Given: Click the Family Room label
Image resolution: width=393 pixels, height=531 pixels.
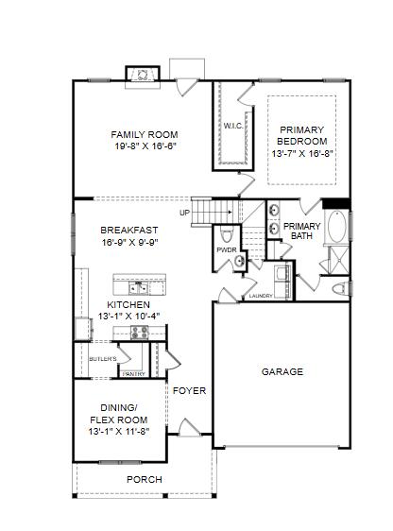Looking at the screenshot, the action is coord(145,135).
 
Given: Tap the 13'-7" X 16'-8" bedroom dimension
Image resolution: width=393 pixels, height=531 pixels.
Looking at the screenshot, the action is coord(302,153).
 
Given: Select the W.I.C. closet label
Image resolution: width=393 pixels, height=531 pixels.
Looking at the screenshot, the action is coord(233,126).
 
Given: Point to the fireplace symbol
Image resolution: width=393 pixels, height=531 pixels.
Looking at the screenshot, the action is coord(143,74).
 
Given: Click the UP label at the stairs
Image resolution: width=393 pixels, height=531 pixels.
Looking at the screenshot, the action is coord(184,213).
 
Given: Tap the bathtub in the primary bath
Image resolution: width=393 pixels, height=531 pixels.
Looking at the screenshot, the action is coord(337,227).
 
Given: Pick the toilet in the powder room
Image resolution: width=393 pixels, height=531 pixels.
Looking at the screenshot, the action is coord(227,234).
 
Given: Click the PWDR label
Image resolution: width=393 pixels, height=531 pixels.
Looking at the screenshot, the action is coord(227,250).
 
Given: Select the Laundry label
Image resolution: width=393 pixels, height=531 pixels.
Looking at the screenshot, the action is coord(261,296).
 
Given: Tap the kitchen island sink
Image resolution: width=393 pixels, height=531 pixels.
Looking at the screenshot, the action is coord(139,288).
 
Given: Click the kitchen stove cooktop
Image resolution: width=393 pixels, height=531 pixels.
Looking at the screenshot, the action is coord(140,333).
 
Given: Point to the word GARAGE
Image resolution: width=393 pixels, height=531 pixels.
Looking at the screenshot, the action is coord(282,372).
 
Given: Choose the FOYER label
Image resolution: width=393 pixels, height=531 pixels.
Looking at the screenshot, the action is coord(189,391).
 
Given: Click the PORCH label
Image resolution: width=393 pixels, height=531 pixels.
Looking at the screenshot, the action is coord(145,480).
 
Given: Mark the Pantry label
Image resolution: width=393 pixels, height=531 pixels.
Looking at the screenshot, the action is coord(134,374).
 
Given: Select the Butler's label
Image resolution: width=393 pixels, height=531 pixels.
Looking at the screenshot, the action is coord(103,359).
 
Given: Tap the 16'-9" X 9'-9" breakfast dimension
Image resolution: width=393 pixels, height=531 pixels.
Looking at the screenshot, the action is coord(130,243).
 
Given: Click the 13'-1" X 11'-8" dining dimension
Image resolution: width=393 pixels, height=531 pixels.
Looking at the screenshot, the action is coord(119,432).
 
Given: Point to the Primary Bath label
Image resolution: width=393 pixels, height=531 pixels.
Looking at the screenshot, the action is coord(301,231).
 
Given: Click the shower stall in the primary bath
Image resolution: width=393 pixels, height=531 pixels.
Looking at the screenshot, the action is coord(339,260).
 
